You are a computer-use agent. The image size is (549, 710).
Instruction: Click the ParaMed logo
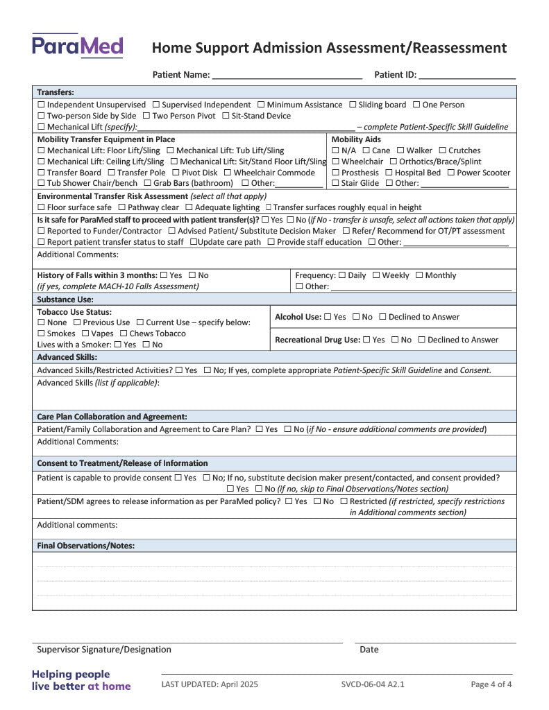click(x=77, y=46)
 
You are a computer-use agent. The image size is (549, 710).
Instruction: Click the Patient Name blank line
click(x=287, y=75)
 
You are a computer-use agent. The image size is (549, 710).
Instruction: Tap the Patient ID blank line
click(x=466, y=75)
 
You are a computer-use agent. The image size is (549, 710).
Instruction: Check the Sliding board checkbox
click(x=353, y=105)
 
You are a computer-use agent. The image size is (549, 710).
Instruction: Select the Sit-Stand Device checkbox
click(x=226, y=116)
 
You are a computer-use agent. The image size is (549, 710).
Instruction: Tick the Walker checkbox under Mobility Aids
click(x=400, y=150)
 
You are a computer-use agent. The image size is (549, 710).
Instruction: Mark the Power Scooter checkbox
click(x=450, y=173)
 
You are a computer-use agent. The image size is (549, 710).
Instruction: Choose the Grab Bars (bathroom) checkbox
click(x=148, y=183)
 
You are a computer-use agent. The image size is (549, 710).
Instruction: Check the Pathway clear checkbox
click(x=122, y=207)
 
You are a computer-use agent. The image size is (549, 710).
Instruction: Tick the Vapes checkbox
click(x=85, y=334)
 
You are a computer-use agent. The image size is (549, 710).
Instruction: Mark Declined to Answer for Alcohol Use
click(x=382, y=317)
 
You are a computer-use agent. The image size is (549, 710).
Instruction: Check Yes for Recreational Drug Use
click(x=366, y=340)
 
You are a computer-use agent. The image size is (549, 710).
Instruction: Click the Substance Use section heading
click(x=65, y=300)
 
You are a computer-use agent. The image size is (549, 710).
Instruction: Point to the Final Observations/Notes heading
click(x=85, y=546)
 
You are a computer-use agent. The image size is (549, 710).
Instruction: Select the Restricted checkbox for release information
click(x=344, y=501)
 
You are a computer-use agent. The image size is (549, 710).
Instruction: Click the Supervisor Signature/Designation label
click(x=104, y=650)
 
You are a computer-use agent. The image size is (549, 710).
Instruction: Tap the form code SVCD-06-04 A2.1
click(x=373, y=684)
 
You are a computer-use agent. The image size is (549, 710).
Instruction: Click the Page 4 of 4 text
click(x=491, y=684)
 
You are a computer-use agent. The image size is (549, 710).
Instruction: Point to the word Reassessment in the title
click(x=458, y=48)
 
